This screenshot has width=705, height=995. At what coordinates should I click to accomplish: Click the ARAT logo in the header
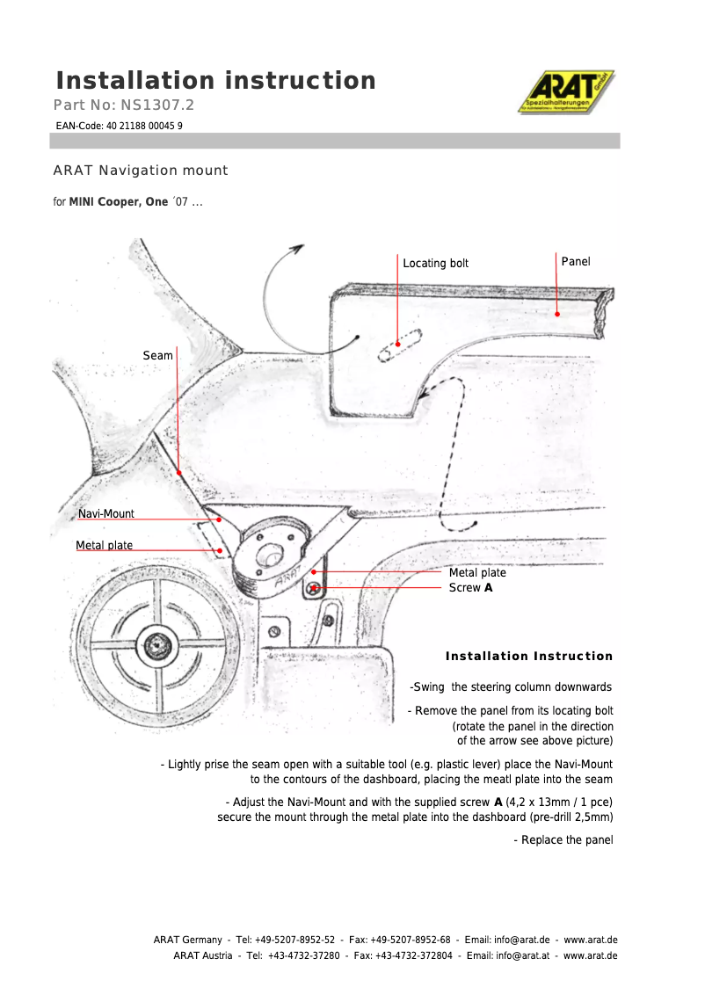pyautogui.click(x=565, y=92)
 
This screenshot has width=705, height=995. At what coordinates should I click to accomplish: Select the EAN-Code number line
pyautogui.click(x=120, y=126)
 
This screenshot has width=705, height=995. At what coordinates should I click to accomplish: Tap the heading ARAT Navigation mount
pyautogui.click(x=141, y=171)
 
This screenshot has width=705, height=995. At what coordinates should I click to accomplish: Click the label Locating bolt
pyautogui.click(x=435, y=263)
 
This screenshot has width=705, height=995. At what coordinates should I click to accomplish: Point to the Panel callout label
pyautogui.click(x=576, y=261)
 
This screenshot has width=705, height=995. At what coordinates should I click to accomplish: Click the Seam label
pyautogui.click(x=157, y=355)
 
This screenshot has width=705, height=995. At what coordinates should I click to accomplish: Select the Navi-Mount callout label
pyautogui.click(x=105, y=513)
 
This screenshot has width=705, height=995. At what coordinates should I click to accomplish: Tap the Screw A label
pyautogui.click(x=470, y=587)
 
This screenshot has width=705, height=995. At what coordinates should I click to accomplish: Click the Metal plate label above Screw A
pyautogui.click(x=477, y=572)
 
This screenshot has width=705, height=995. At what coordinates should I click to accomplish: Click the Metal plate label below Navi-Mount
pyautogui.click(x=104, y=545)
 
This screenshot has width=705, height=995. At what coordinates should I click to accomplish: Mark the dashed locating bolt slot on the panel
pyautogui.click(x=400, y=344)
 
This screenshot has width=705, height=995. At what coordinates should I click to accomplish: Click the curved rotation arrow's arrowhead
pyautogui.click(x=298, y=248)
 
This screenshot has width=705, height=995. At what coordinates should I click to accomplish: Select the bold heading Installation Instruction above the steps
pyautogui.click(x=528, y=656)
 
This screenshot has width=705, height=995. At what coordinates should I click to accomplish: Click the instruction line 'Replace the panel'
pyautogui.click(x=563, y=839)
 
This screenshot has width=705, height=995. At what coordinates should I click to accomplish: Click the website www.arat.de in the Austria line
pyautogui.click(x=590, y=955)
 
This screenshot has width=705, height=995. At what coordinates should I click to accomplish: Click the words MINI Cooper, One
pyautogui.click(x=118, y=202)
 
